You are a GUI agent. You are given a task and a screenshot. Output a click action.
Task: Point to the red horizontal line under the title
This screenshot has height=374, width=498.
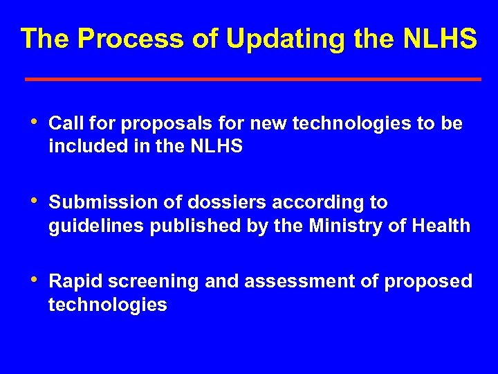click(x=252, y=80)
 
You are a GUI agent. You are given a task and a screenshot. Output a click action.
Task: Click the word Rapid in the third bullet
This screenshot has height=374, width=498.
click(x=75, y=282)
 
